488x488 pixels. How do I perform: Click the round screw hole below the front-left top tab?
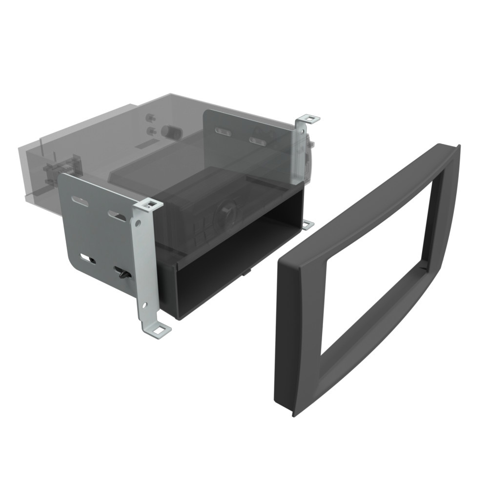tap(139, 224)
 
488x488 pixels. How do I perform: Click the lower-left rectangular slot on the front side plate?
tap(89, 257)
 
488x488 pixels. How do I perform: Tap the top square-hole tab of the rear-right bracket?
tap(307, 118)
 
